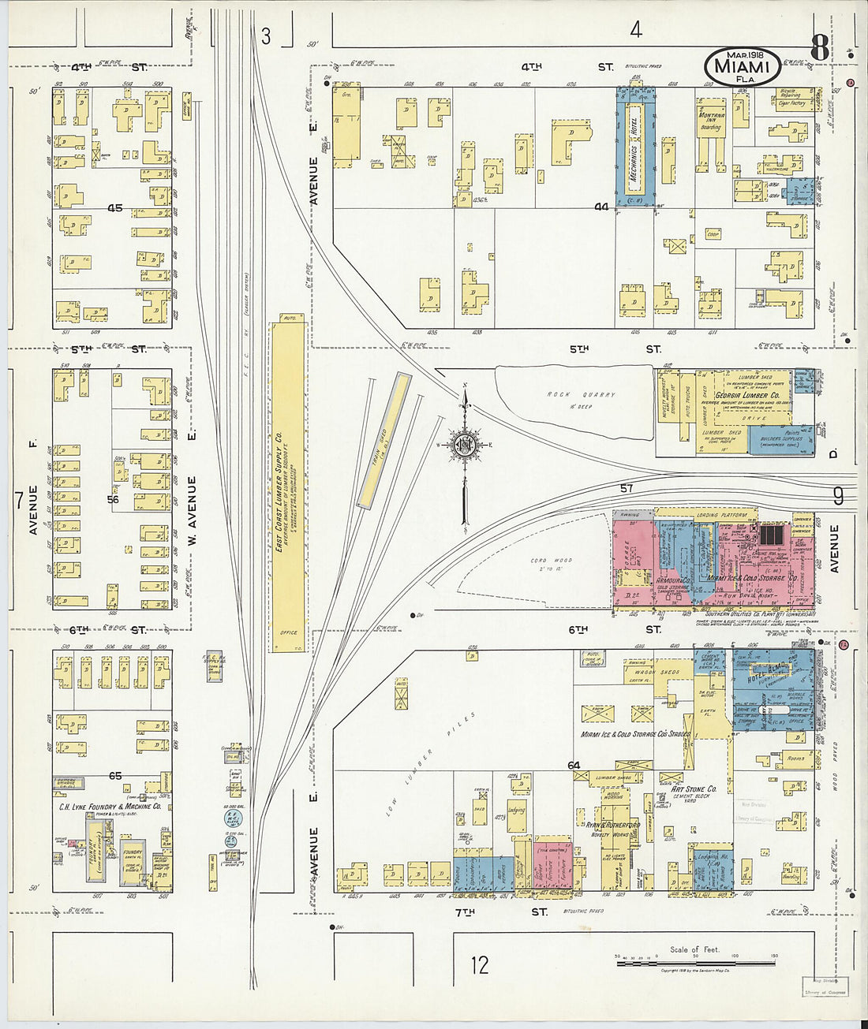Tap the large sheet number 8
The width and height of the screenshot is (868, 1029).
point(819,49)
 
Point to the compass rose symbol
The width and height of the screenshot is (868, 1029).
point(465,445)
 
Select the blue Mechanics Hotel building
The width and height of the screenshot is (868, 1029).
point(636,147)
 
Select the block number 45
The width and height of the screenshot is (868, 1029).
point(115,209)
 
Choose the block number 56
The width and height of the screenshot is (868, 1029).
point(113,499)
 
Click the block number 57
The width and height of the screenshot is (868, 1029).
point(626,489)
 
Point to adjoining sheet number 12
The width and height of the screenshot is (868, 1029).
point(479,964)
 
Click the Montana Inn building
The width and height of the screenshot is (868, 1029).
point(710,118)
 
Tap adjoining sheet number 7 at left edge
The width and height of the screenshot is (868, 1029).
point(17,499)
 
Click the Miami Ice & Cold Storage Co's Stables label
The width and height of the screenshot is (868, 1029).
point(635,734)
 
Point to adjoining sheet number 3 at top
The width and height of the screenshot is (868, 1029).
point(266,35)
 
